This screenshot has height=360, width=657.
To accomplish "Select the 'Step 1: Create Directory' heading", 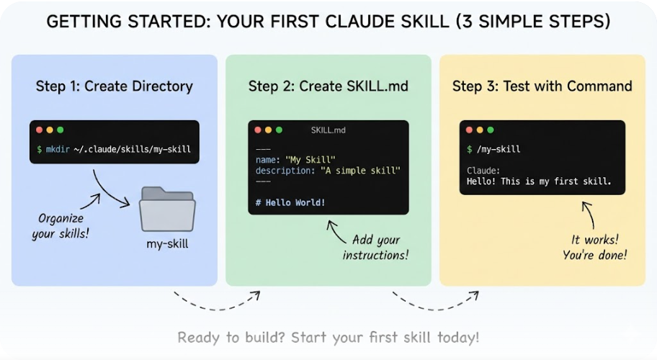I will [115, 86].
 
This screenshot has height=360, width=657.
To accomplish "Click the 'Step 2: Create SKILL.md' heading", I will [328, 86].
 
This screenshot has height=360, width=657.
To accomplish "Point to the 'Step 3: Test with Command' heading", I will [542, 86].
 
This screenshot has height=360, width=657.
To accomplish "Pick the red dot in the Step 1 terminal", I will [40, 130].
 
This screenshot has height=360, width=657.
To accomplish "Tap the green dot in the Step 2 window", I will [278, 130].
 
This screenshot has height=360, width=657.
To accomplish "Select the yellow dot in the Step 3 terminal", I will [480, 130].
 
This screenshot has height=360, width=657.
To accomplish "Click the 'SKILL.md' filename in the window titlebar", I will [328, 130].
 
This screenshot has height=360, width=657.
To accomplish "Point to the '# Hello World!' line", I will [290, 202].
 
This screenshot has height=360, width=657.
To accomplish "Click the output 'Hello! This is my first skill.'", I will [539, 181].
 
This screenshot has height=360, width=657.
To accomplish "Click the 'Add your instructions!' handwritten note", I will [375, 247].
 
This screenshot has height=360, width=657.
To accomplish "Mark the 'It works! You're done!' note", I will [594, 247].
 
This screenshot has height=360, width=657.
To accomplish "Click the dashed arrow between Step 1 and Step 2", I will [216, 301].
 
